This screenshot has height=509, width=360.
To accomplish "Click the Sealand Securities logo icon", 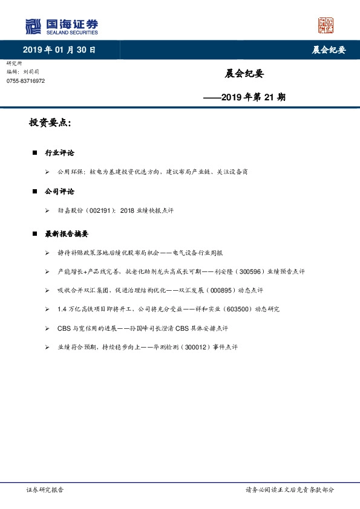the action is point(33,26).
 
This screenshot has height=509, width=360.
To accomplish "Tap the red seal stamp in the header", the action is point(326,25).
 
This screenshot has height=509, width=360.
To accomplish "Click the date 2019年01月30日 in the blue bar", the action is point(59,50).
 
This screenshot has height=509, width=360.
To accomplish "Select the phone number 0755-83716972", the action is point(25,80).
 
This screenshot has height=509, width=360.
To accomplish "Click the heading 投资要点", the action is point(50,123).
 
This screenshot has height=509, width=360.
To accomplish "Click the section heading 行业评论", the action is point(59,153).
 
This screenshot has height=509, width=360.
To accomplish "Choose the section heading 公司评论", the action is point(59,192).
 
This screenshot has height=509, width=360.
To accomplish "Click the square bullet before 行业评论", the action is point(34,153).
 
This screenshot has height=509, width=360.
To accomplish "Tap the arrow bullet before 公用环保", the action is point(47,172).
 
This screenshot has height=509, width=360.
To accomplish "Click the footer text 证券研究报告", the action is point(45,490).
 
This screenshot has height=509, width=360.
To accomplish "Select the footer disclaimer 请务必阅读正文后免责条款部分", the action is point(289,490).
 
